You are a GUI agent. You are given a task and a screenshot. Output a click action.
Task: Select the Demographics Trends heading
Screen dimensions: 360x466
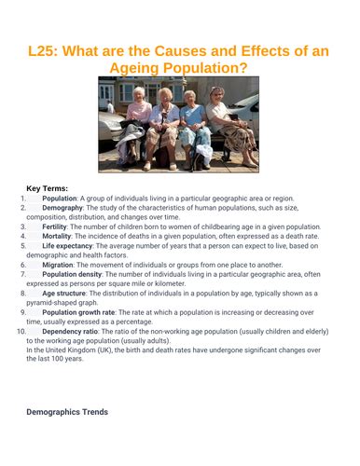coord(67,411)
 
